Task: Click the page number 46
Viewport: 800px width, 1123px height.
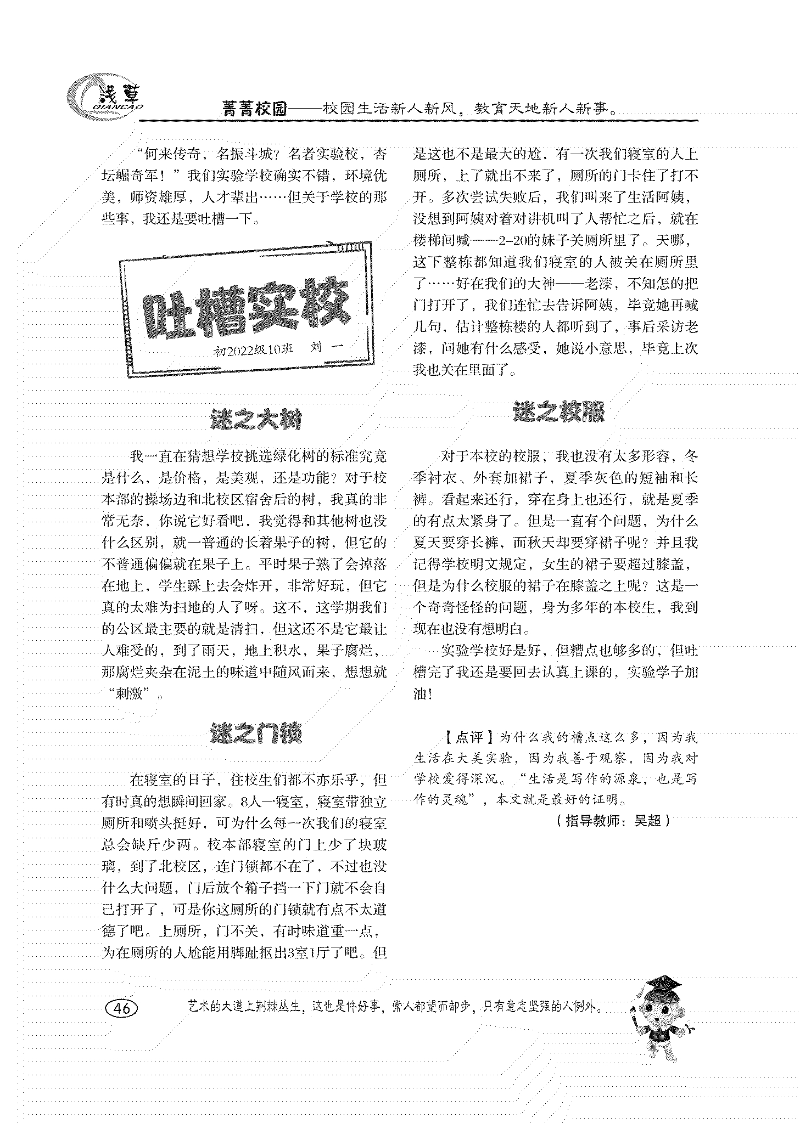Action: (121, 1008)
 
